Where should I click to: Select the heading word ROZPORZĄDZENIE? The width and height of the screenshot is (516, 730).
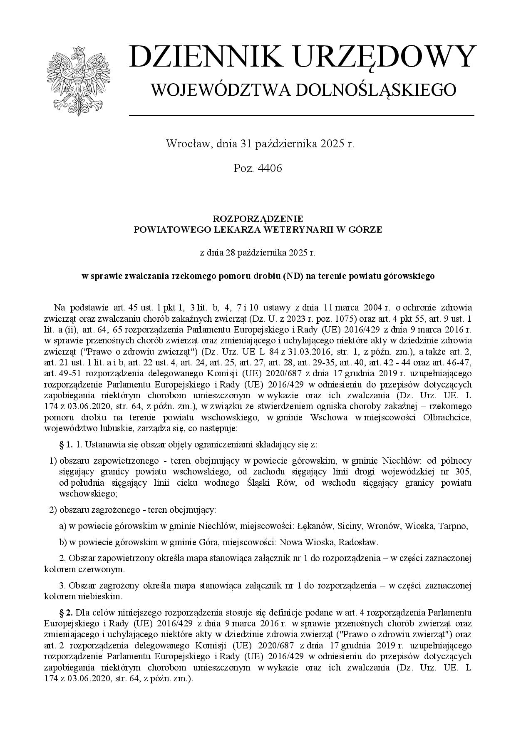[258, 218]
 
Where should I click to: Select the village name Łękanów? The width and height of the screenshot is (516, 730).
[315, 526]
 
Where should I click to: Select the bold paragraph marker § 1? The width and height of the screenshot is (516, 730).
[66, 444]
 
